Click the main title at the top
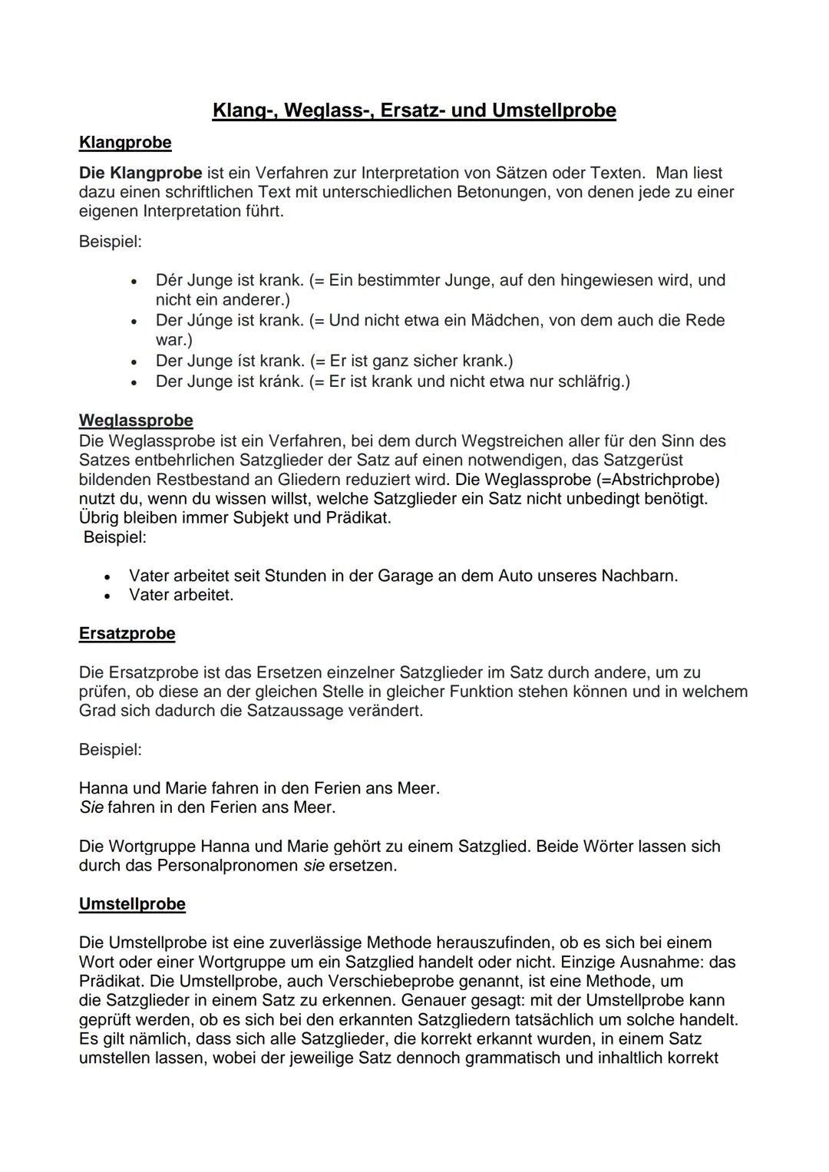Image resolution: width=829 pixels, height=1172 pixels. coord(414,111)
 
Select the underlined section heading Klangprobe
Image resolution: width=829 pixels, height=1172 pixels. coord(125,143)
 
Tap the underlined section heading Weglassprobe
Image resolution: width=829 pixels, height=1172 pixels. coord(136,421)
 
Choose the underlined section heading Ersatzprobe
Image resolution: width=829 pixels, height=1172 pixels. coord(127,634)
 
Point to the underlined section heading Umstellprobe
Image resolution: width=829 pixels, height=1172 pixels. coord(132,904)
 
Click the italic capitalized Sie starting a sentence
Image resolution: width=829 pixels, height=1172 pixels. coord(91,807)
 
